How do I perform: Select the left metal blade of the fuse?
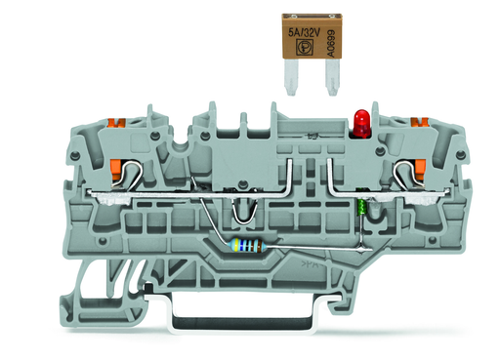click(291, 79)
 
